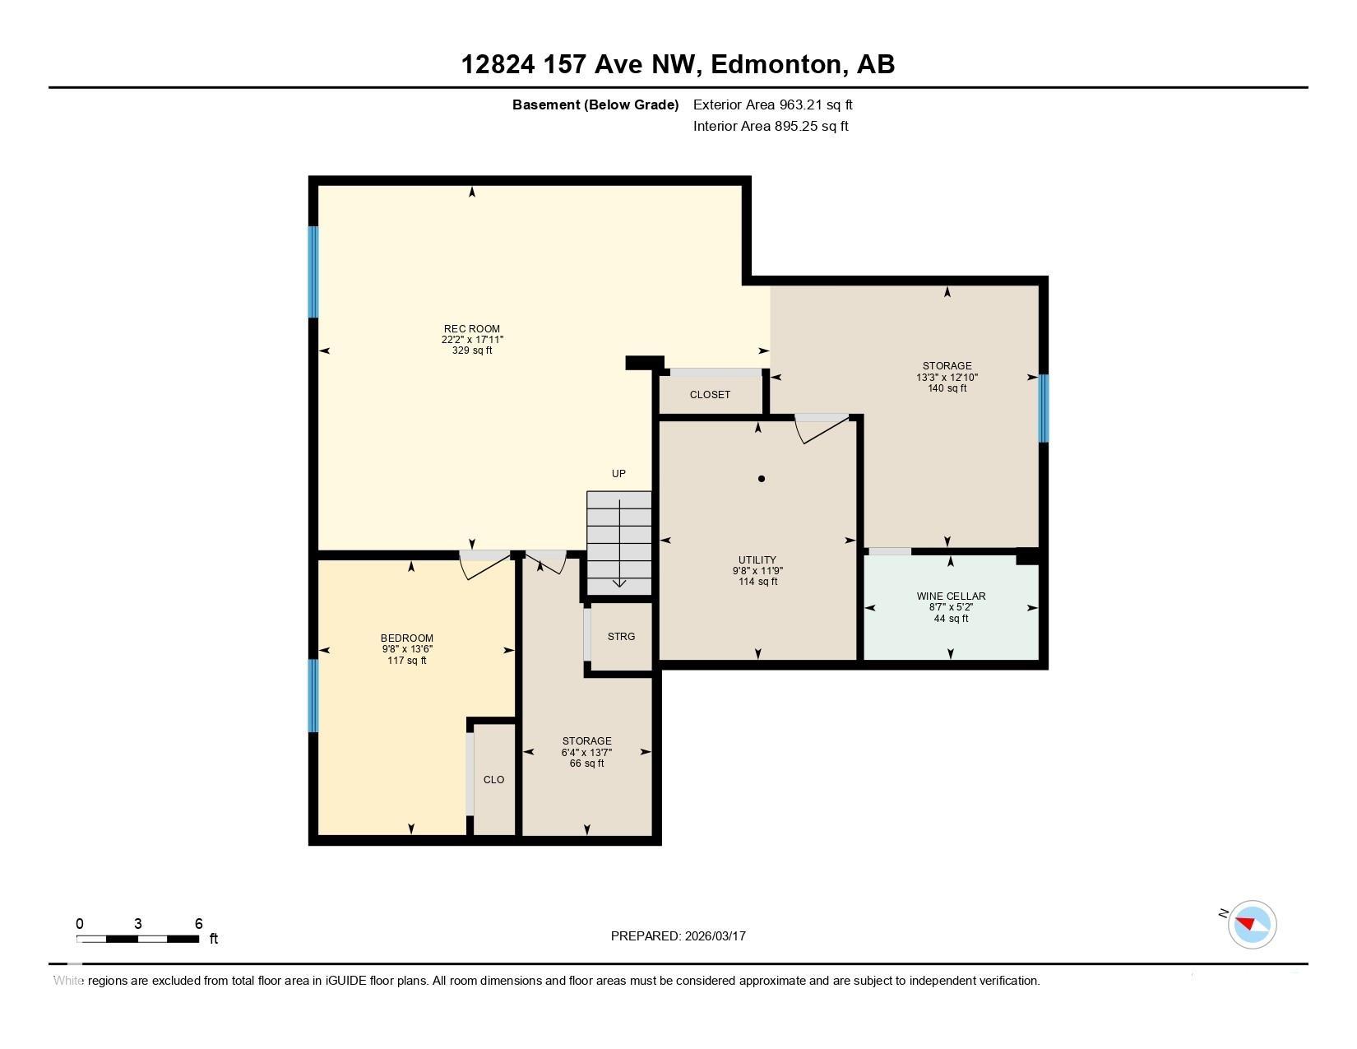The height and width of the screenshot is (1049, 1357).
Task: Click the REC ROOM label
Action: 472,328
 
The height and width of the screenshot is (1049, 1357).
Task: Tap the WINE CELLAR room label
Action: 951,596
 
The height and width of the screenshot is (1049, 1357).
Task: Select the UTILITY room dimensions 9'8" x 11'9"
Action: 757,571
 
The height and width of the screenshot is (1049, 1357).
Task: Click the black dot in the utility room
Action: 762,479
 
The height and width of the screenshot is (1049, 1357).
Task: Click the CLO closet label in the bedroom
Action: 493,780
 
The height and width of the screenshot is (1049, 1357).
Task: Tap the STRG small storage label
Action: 621,637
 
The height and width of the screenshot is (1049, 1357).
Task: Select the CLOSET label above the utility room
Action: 710,395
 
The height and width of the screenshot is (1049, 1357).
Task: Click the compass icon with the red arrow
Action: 1252,924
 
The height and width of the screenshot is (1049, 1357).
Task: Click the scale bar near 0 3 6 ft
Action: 138,939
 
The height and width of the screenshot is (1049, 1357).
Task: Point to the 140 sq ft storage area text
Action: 947,388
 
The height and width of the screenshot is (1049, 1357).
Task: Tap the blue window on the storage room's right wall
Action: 1043,408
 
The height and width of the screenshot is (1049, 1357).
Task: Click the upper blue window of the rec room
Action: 313,272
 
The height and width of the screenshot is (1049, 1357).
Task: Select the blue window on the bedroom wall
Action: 313,695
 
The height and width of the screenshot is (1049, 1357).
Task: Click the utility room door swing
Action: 821,428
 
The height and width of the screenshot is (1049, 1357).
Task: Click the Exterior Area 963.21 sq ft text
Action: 772,104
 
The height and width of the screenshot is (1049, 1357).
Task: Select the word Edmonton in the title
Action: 776,64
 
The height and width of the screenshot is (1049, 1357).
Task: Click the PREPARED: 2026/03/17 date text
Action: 678,935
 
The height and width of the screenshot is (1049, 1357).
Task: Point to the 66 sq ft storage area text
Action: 586,764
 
